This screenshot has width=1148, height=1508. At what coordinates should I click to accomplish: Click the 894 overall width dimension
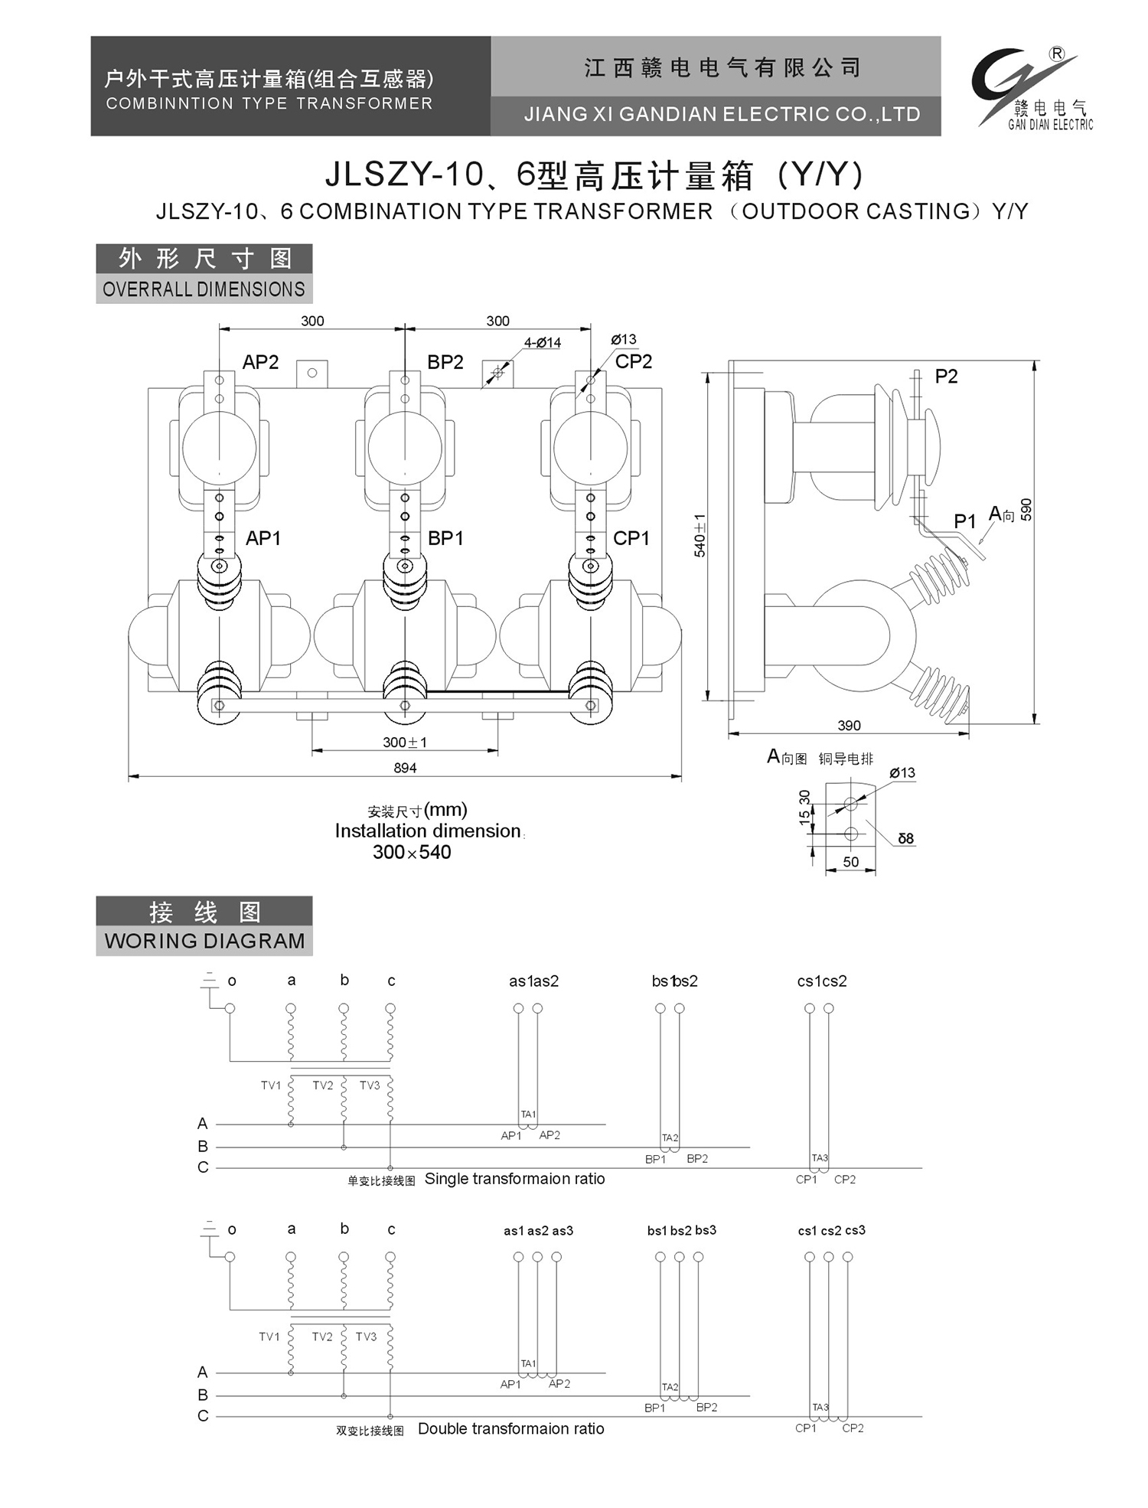pyautogui.click(x=405, y=768)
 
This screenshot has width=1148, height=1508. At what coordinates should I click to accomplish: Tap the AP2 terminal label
pyautogui.click(x=260, y=362)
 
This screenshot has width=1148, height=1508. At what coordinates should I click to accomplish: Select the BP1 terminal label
pyautogui.click(x=445, y=538)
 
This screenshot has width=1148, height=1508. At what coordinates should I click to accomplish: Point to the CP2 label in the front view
pyautogui.click(x=634, y=361)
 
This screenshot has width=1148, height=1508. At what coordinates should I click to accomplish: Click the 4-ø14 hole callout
pyautogui.click(x=543, y=343)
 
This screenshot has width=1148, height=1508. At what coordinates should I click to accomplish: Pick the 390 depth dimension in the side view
pyautogui.click(x=849, y=725)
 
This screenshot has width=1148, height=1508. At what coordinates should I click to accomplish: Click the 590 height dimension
pyautogui.click(x=1026, y=510)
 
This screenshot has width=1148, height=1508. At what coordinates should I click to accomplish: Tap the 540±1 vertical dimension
pyautogui.click(x=700, y=535)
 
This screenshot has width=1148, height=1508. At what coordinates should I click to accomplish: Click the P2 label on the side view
pyautogui.click(x=946, y=377)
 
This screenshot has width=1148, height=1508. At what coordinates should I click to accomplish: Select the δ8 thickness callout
pyautogui.click(x=905, y=839)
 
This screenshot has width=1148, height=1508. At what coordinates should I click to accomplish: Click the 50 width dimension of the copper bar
pyautogui.click(x=850, y=862)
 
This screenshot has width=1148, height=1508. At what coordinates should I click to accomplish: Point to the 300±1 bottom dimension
pyautogui.click(x=405, y=742)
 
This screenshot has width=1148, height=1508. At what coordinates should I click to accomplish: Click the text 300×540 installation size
pyautogui.click(x=412, y=852)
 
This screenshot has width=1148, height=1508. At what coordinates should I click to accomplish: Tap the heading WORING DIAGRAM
pyautogui.click(x=204, y=941)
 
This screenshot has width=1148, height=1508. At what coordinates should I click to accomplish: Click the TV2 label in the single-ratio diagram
pyautogui.click(x=323, y=1085)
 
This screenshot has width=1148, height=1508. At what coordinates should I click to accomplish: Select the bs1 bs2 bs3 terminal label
pyautogui.click(x=681, y=1230)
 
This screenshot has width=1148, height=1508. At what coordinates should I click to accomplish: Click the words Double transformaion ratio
pyautogui.click(x=510, y=1428)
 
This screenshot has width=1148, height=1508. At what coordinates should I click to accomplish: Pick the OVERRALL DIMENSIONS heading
pyautogui.click(x=204, y=289)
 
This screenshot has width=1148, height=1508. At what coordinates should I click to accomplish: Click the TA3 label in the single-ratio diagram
pyautogui.click(x=820, y=1158)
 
